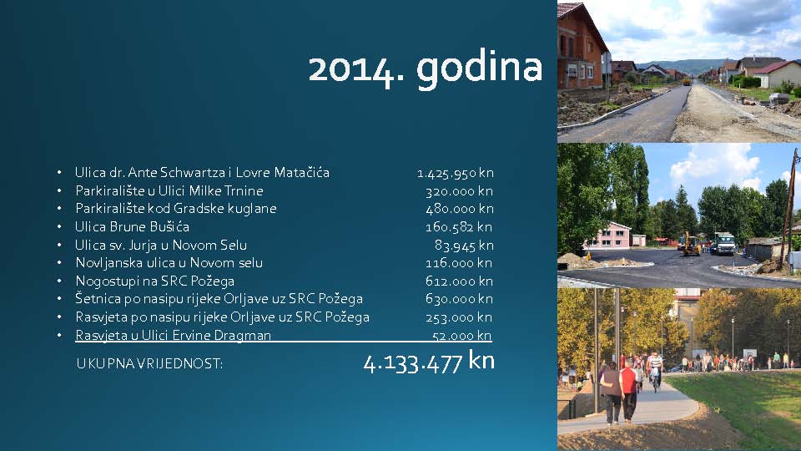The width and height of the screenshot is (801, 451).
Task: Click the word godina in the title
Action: point(479,69)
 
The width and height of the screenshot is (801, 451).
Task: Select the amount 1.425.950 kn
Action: point(456,174)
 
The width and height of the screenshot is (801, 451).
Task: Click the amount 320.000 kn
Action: point(459,192)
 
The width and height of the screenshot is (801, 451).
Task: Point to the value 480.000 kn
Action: point(459,209)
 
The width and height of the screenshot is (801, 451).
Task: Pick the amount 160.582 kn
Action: point(459,227)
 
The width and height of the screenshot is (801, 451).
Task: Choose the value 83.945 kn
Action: point(464,246)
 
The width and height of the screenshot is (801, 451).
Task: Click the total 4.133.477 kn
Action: point(429,362)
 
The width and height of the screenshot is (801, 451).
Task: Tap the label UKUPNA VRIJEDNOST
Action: point(149,363)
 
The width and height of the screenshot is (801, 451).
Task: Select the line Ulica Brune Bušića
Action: point(133,226)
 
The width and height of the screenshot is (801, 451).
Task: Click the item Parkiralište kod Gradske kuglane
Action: point(176,209)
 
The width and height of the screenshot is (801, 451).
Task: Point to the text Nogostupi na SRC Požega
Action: point(155,281)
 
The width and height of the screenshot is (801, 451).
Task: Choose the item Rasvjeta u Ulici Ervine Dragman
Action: point(174,336)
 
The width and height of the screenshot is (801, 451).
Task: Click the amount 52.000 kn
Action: point(461,336)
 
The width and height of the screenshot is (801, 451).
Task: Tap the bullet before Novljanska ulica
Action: point(59,263)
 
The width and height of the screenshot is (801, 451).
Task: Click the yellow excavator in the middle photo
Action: point(690,244)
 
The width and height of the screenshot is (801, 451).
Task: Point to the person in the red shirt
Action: point(628,391)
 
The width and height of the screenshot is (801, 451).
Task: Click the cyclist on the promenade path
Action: point(654,371)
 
